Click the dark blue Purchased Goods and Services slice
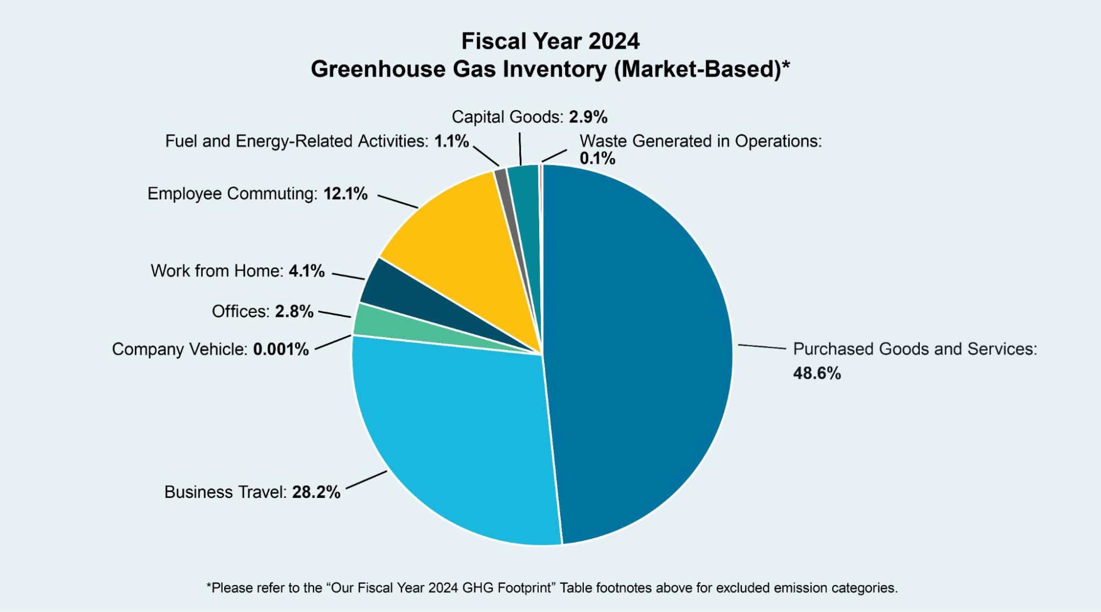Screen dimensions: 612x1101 (639, 353)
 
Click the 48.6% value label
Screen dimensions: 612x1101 (817, 373)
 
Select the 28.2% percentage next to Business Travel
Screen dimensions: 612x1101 (316, 492)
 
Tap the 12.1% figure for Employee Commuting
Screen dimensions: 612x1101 (345, 194)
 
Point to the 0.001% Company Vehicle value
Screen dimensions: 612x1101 (281, 349)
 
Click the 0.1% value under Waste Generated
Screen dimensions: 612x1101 (597, 159)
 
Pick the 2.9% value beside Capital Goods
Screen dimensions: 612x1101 (588, 117)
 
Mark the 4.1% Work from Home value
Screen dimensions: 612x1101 (307, 271)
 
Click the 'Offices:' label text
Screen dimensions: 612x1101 (241, 312)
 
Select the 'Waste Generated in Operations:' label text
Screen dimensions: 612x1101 (700, 141)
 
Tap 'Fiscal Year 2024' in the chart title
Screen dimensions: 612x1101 (550, 41)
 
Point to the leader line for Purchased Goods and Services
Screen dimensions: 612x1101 (762, 346)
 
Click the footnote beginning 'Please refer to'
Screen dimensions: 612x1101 (551, 588)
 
